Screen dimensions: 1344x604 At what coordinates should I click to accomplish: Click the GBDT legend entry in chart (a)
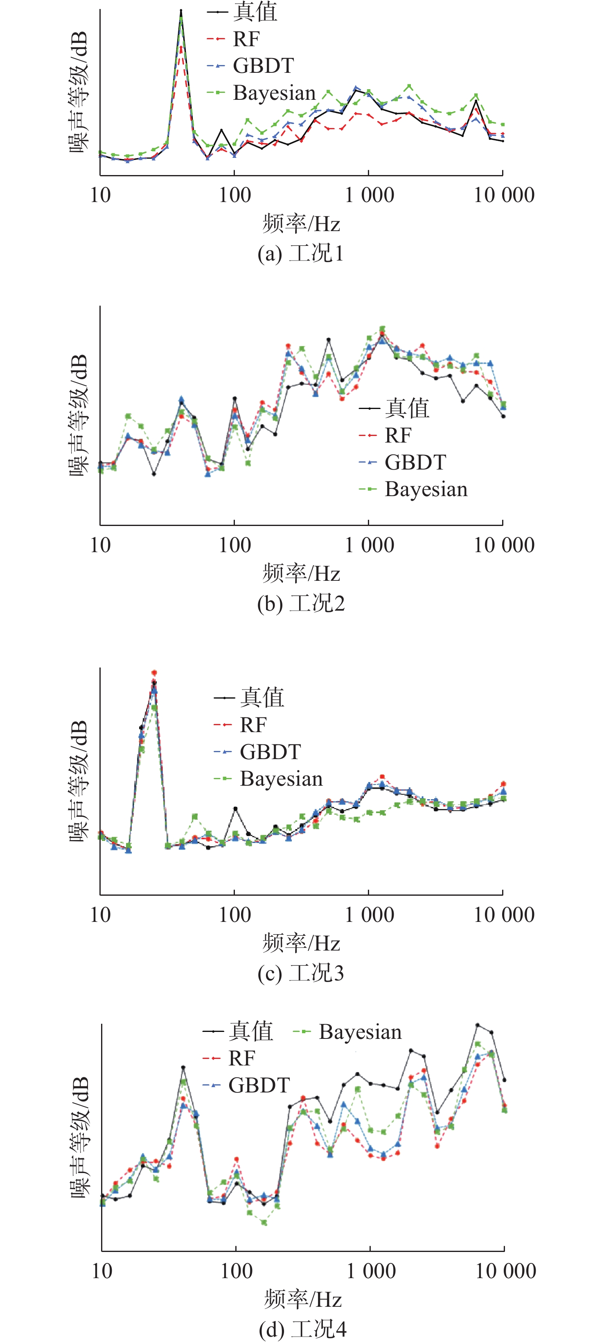(263, 66)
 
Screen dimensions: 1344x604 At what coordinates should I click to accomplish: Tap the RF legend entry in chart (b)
(398, 435)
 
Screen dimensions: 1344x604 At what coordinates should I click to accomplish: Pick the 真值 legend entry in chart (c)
(261, 698)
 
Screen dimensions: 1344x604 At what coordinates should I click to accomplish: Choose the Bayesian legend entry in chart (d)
(360, 1032)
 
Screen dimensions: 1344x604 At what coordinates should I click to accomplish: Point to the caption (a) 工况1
(301, 254)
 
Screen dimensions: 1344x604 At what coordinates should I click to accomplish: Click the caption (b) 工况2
(301, 604)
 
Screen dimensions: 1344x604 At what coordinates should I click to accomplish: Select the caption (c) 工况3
(301, 973)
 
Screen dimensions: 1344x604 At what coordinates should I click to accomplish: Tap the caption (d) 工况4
(302, 1329)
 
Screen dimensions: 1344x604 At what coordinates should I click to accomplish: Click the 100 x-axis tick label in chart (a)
(234, 195)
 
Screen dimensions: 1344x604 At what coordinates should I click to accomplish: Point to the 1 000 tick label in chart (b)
(369, 545)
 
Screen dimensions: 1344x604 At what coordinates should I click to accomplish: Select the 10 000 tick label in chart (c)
(504, 915)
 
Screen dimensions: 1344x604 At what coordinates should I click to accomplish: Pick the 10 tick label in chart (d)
(102, 1271)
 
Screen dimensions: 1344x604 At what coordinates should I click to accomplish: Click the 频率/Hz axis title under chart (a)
(301, 224)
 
